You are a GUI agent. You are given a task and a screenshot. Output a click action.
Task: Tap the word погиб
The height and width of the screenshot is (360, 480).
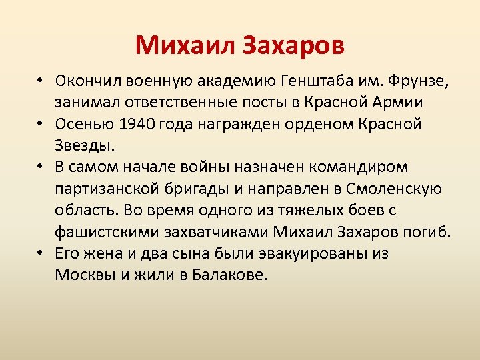coord(429,232)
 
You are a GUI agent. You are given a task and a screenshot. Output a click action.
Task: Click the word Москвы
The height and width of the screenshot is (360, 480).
coord(82,275)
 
